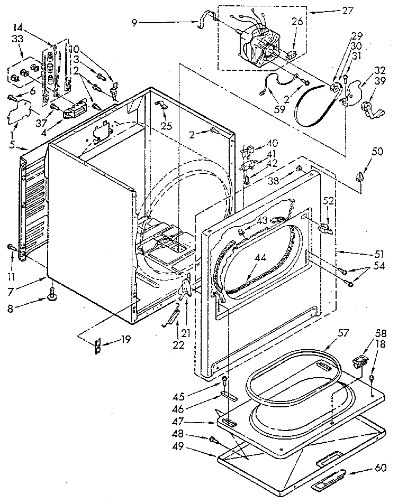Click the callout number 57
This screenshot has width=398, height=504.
pyautogui.click(x=344, y=334)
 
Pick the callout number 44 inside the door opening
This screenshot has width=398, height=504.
pyautogui.click(x=261, y=258)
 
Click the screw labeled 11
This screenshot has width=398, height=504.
pyautogui.click(x=11, y=247)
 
